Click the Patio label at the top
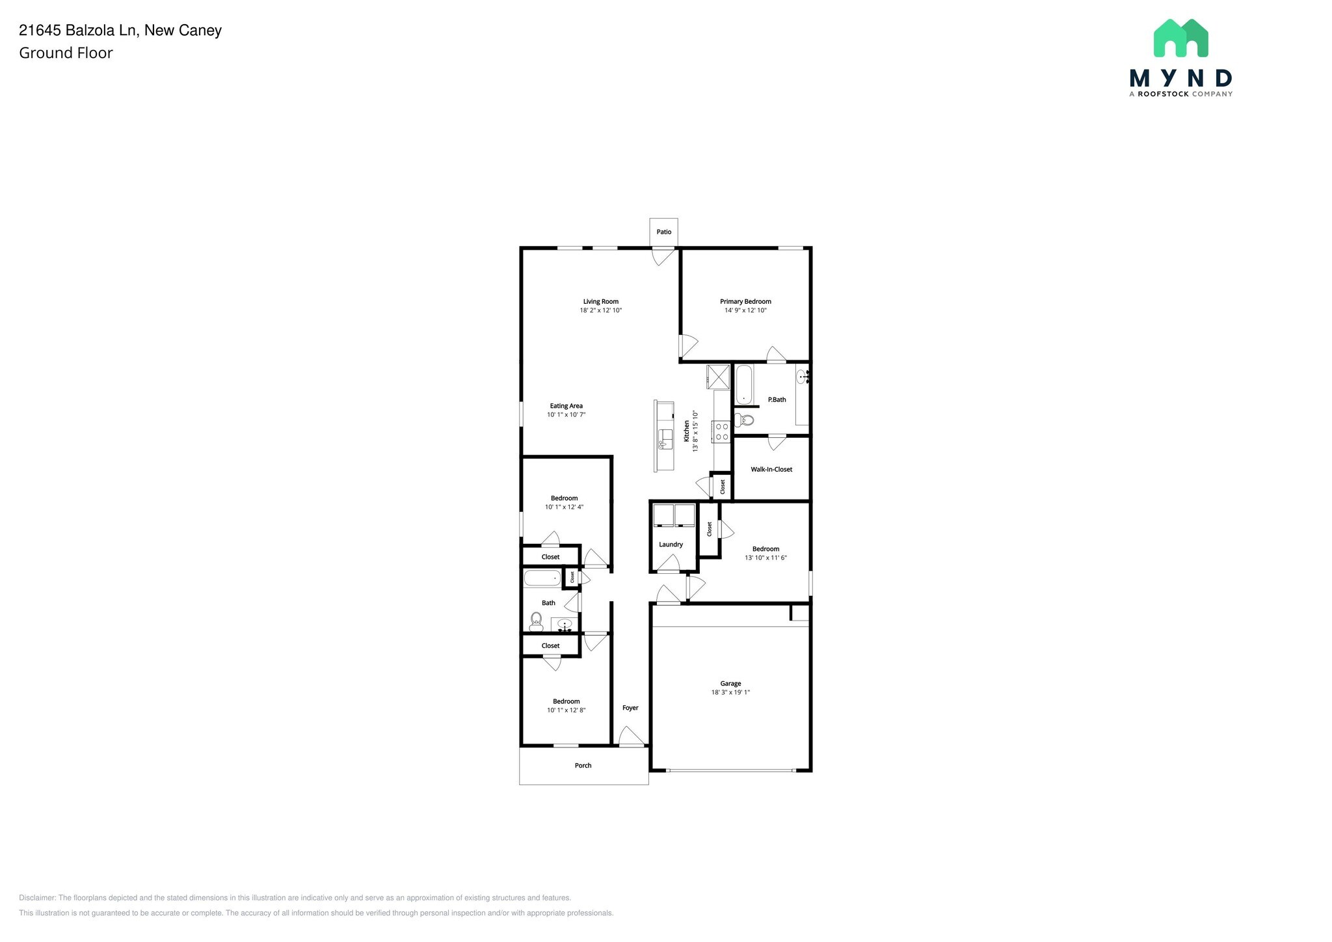click(663, 232)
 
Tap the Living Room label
click(600, 302)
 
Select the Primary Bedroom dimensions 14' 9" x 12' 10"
click(745, 311)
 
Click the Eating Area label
click(566, 406)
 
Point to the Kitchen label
click(686, 431)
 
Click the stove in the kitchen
click(722, 432)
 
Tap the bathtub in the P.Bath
click(743, 384)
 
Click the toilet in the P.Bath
click(745, 420)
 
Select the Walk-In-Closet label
click(771, 470)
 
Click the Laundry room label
click(671, 545)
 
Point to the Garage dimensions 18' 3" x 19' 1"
click(730, 693)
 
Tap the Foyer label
click(630, 708)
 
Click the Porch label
click(583, 766)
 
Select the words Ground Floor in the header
click(66, 53)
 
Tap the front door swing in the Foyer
click(631, 736)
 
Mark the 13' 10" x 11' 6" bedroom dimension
click(766, 558)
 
